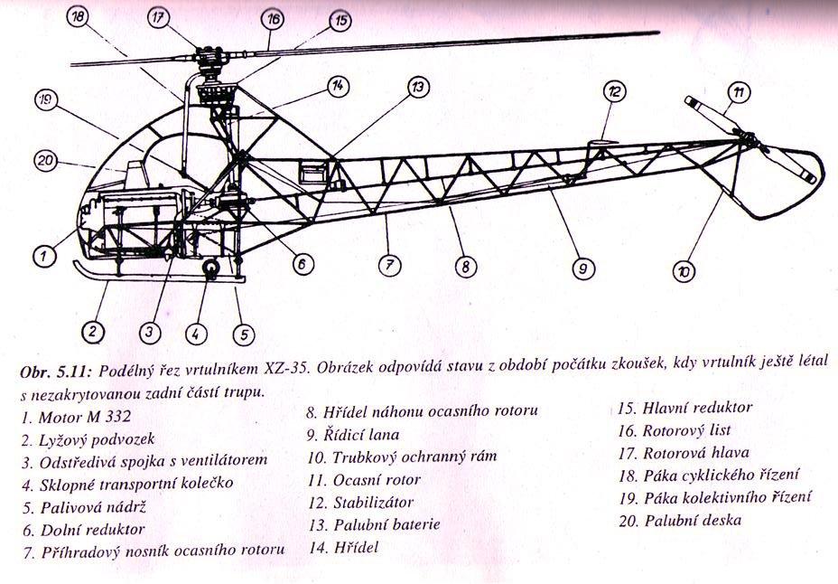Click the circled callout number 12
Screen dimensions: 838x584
point(615,92)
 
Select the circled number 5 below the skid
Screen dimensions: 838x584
point(244,334)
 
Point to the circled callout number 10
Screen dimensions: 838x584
point(684,272)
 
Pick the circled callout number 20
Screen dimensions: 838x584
point(46,160)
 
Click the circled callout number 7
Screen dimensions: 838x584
point(389,265)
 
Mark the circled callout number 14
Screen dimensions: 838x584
point(338,86)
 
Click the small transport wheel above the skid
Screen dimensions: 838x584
point(210,268)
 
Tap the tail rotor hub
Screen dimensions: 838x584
point(748,139)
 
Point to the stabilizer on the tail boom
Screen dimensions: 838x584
point(602,143)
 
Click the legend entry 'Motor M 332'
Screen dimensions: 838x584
point(76,417)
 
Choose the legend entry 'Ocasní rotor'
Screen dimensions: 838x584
point(364,480)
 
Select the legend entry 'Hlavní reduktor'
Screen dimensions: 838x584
point(684,408)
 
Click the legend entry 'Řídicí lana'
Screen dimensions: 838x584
point(353,434)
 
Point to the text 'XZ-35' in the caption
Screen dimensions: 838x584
point(285,369)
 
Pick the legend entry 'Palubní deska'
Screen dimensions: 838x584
point(680,521)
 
